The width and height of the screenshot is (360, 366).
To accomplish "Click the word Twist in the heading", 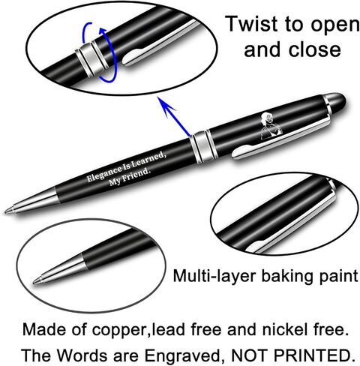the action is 252,23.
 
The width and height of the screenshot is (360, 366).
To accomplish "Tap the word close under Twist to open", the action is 314,49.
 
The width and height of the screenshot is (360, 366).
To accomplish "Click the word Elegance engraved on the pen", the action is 103,173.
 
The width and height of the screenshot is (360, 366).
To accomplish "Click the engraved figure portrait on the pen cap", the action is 271,126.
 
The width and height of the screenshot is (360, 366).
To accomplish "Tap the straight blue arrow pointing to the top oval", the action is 173,117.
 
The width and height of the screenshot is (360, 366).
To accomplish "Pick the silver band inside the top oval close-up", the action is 92,58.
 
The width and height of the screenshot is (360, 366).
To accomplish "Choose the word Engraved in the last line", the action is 182,355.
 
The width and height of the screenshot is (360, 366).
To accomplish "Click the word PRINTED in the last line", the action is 316,355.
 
